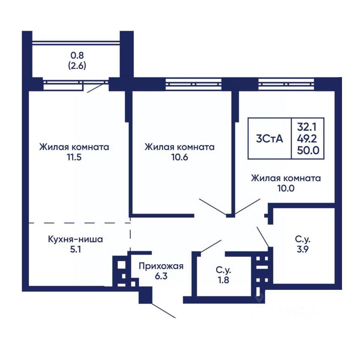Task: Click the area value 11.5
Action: pyautogui.click(x=74, y=157)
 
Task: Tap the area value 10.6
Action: pyautogui.click(x=180, y=157)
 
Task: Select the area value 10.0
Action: pyautogui.click(x=286, y=188)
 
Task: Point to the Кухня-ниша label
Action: pyautogui.click(x=75, y=238)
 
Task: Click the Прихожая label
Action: pyautogui.click(x=161, y=266)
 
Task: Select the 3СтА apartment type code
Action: pyautogui.click(x=269, y=138)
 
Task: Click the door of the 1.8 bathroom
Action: pyautogui.click(x=211, y=246)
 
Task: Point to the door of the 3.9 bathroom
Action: pyautogui.click(x=263, y=236)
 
